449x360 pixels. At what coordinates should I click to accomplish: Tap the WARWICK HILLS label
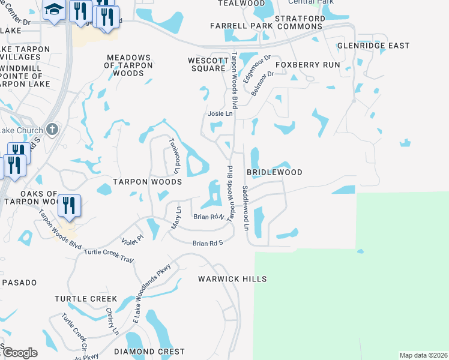232,280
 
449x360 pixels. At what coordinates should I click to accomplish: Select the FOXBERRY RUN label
307,65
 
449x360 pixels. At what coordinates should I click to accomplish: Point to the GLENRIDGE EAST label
373,46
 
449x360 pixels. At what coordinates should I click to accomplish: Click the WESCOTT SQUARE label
206,64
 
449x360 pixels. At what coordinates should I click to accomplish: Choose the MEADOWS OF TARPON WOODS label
126,65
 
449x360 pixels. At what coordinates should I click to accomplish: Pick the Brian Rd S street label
208,243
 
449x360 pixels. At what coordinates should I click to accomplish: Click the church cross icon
52,129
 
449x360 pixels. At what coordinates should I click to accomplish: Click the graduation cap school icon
55,10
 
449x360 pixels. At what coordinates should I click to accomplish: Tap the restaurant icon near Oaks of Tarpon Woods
69,206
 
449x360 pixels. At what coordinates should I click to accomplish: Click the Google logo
19,353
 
